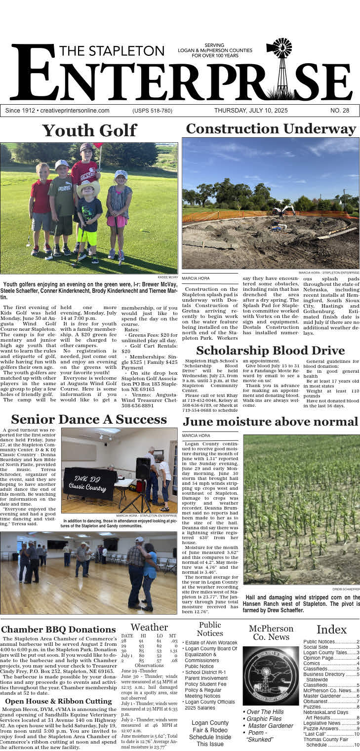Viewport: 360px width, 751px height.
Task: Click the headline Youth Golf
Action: tap(89, 130)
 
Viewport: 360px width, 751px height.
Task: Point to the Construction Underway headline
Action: tap(271, 129)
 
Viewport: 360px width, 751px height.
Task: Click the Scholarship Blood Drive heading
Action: tap(270, 351)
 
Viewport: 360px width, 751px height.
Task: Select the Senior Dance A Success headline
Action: tap(89, 420)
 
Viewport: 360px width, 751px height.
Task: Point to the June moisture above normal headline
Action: tap(270, 422)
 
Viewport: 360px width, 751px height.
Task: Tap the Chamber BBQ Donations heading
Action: tap(58, 630)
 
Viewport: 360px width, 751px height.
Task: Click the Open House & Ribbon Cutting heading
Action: tap(58, 701)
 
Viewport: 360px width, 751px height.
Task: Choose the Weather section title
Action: tap(149, 627)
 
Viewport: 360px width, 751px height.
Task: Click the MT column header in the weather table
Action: tap(172, 635)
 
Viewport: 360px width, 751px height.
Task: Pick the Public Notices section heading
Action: tap(210, 629)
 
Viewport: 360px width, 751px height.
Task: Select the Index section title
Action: tap(331, 630)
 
